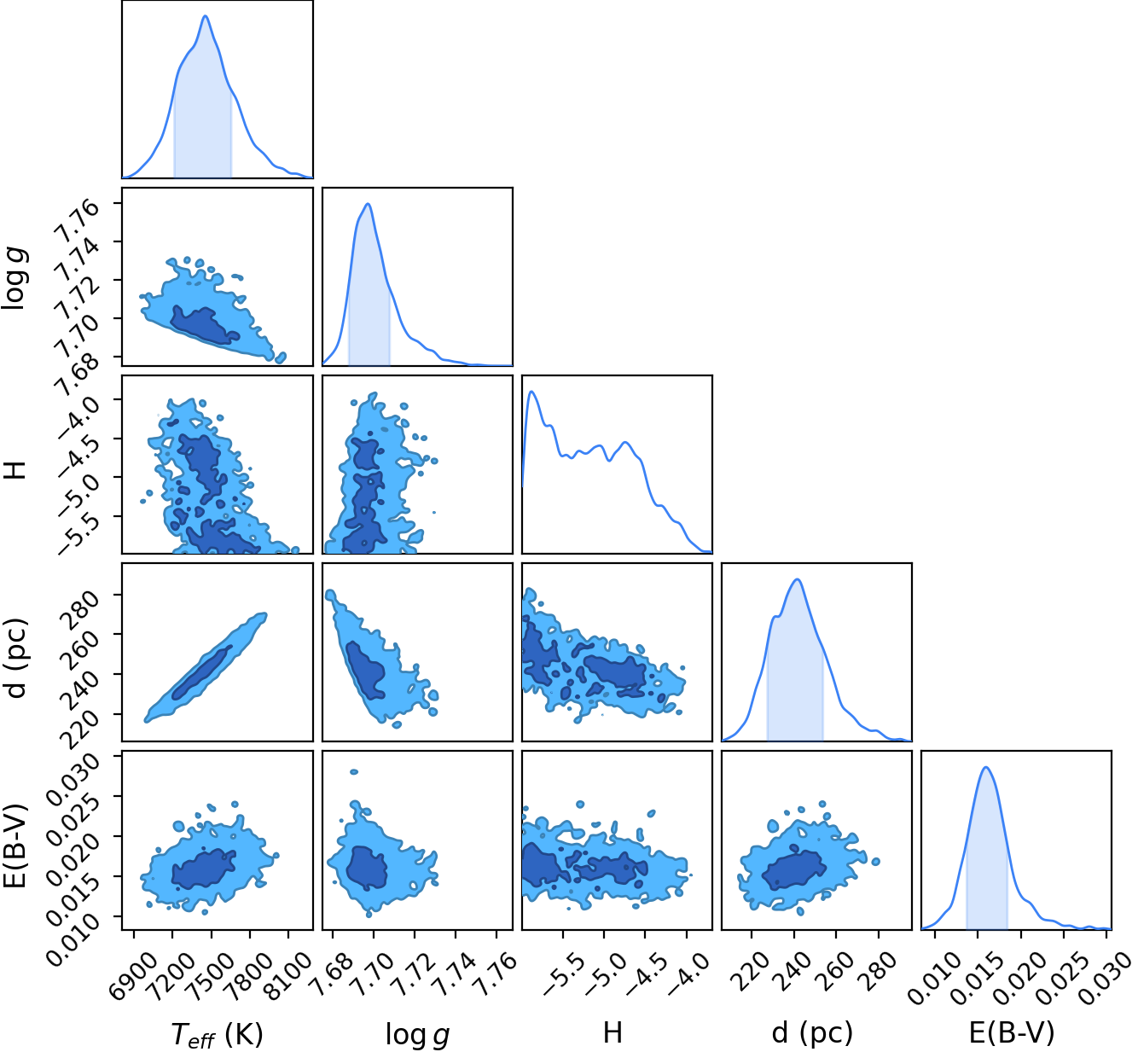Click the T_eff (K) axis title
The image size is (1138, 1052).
(218, 1034)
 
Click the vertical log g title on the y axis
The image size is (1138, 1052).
(14, 279)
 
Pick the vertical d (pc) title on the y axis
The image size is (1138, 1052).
(17, 658)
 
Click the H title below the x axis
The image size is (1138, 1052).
(612, 1032)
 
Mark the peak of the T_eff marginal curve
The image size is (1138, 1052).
(205, 15)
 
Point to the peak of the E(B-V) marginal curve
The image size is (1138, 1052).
(986, 767)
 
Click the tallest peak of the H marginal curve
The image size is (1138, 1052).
(531, 392)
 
